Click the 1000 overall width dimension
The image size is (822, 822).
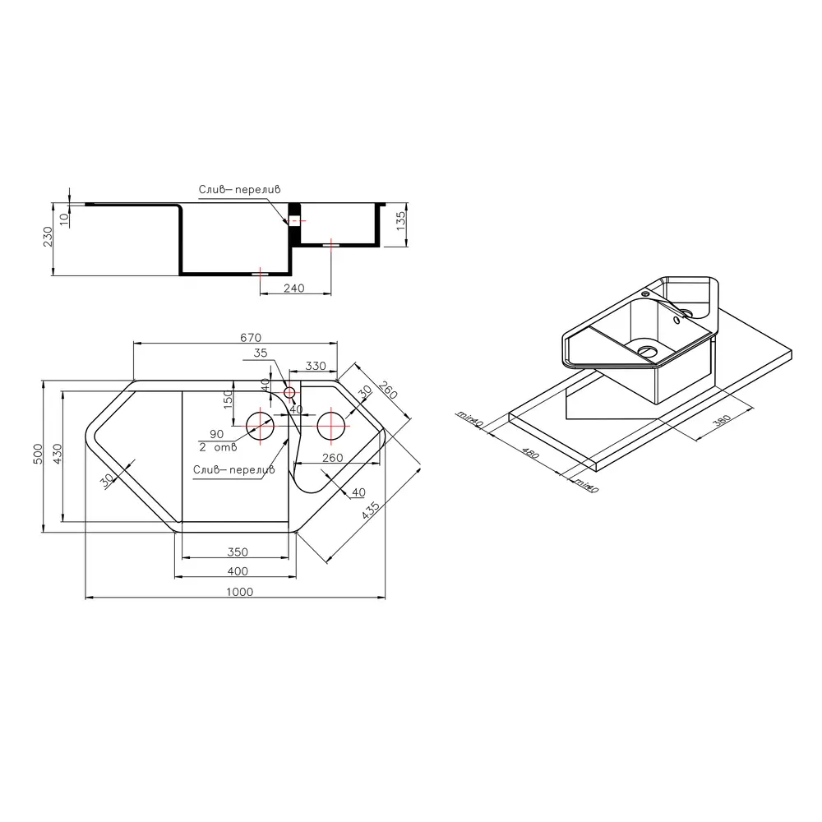pyautogui.click(x=239, y=591)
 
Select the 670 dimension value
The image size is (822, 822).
pyautogui.click(x=251, y=338)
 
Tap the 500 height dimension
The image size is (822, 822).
pyautogui.click(x=38, y=454)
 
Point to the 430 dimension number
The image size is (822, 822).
pyautogui.click(x=58, y=454)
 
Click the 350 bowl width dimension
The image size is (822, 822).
pyautogui.click(x=238, y=552)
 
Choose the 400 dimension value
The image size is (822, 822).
pyautogui.click(x=238, y=571)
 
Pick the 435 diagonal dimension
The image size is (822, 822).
pyautogui.click(x=371, y=510)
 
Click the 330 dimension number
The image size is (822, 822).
pyautogui.click(x=316, y=366)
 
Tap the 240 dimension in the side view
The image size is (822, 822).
pyautogui.click(x=293, y=289)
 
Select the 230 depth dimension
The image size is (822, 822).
pyautogui.click(x=48, y=237)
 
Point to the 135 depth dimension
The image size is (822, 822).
pyautogui.click(x=400, y=220)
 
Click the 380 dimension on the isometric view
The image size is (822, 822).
pyautogui.click(x=723, y=420)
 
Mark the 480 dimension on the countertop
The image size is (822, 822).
pyautogui.click(x=530, y=453)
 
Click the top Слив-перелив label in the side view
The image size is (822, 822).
pyautogui.click(x=239, y=189)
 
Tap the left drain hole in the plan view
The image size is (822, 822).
pyautogui.click(x=260, y=425)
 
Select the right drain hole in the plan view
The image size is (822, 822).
pyautogui.click(x=330, y=426)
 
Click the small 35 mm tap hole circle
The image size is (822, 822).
pyautogui.click(x=289, y=392)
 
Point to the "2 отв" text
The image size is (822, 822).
pyautogui.click(x=218, y=447)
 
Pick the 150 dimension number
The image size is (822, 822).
pyautogui.click(x=228, y=399)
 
